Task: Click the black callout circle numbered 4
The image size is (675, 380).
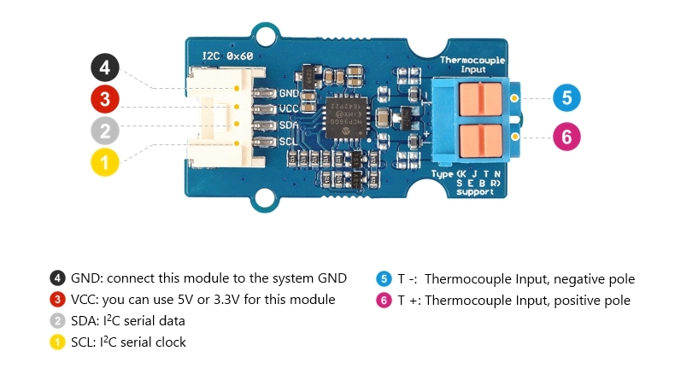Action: pos(105,68)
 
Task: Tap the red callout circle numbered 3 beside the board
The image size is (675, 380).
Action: pos(105,99)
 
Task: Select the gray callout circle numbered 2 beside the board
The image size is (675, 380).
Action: pos(105,131)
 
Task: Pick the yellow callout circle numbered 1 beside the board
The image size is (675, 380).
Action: pos(105,161)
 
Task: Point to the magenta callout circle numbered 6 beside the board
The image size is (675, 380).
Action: pos(566,135)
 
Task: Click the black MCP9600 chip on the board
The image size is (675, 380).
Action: pos(345,114)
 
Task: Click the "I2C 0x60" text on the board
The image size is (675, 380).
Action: pos(227,56)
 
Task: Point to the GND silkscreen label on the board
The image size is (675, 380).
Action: pos(288,93)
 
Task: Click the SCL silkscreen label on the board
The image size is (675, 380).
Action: pos(288,141)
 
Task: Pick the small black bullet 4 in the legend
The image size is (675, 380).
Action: pos(57,278)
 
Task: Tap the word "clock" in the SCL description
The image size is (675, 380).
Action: pos(168,342)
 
